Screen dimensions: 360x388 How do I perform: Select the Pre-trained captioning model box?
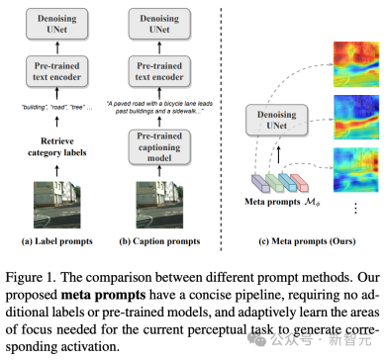162,148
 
